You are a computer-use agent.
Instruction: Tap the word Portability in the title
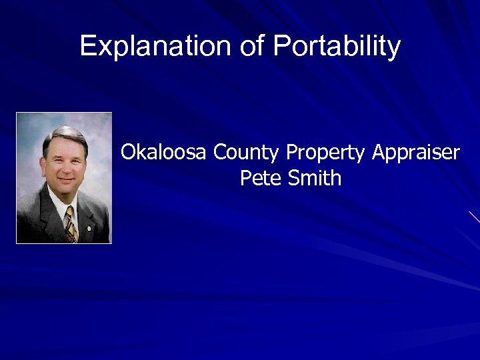[337, 46]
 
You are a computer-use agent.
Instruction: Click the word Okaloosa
[165, 153]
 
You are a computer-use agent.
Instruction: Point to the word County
[246, 153]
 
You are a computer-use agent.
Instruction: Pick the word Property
[325, 153]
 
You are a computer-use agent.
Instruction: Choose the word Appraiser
[415, 153]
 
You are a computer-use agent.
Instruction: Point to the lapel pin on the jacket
[88, 215]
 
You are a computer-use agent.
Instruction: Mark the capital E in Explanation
[87, 46]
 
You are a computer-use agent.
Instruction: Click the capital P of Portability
[280, 46]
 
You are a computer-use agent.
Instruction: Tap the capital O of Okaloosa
[129, 153]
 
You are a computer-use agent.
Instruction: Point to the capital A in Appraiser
[379, 153]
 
